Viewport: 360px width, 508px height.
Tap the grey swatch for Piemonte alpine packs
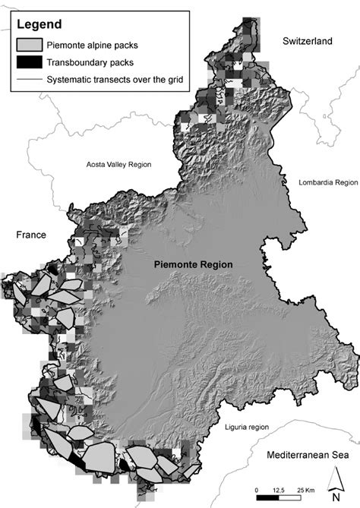30,45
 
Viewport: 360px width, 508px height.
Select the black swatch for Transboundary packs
30,62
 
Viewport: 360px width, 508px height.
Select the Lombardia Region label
328,183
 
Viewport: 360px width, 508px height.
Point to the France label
31,235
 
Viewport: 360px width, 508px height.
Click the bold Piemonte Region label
193,264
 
